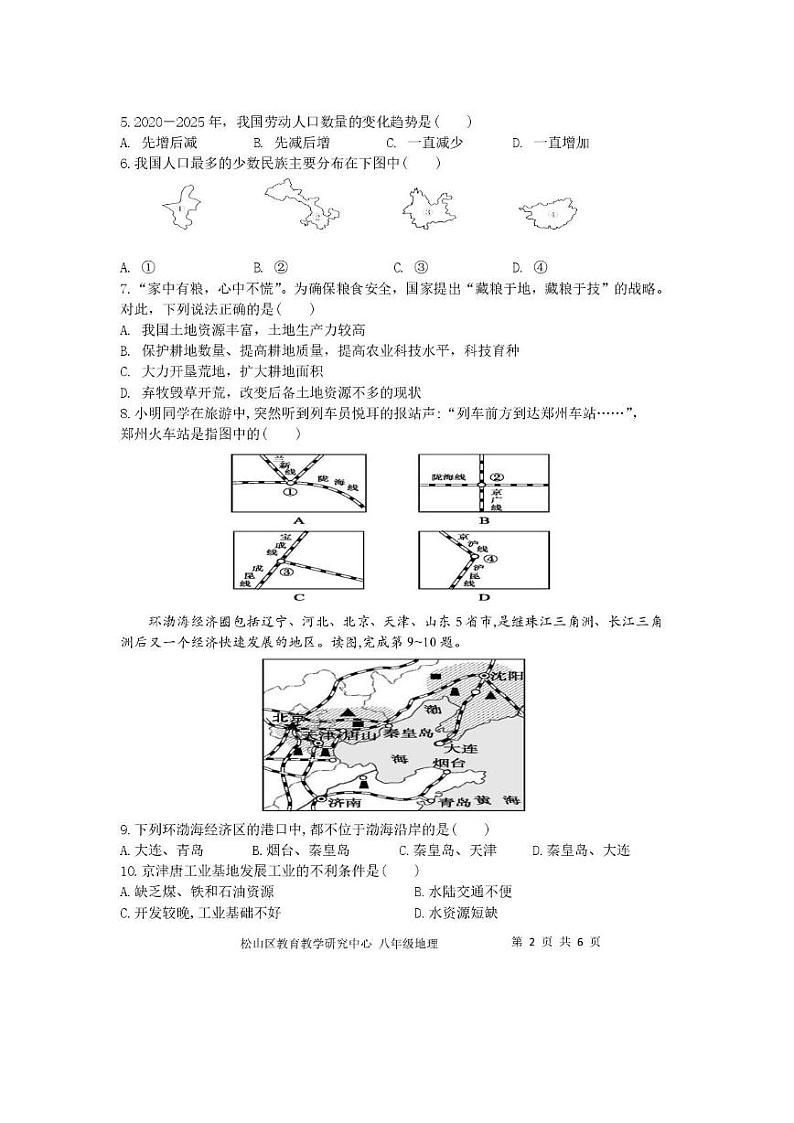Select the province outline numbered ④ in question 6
[547, 213]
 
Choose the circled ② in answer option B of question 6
[281, 267]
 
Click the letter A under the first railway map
[297, 520]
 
